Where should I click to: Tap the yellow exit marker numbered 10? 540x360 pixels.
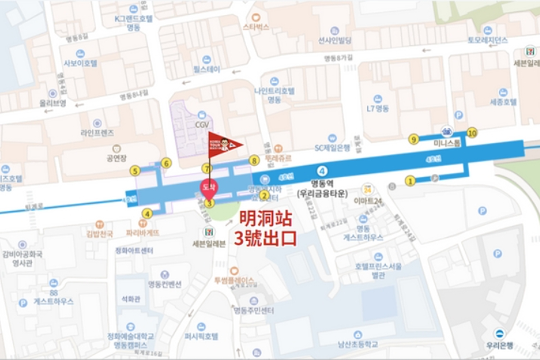(472, 133)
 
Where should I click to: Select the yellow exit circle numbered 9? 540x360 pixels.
(414, 139)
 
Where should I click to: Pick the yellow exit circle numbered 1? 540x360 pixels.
(410, 181)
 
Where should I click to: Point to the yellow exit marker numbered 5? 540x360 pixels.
(134, 171)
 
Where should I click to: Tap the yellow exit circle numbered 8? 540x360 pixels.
(254, 160)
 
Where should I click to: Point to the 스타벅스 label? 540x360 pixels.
(256, 27)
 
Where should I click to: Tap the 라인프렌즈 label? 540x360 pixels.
(97, 133)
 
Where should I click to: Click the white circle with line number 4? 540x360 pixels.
(322, 171)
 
